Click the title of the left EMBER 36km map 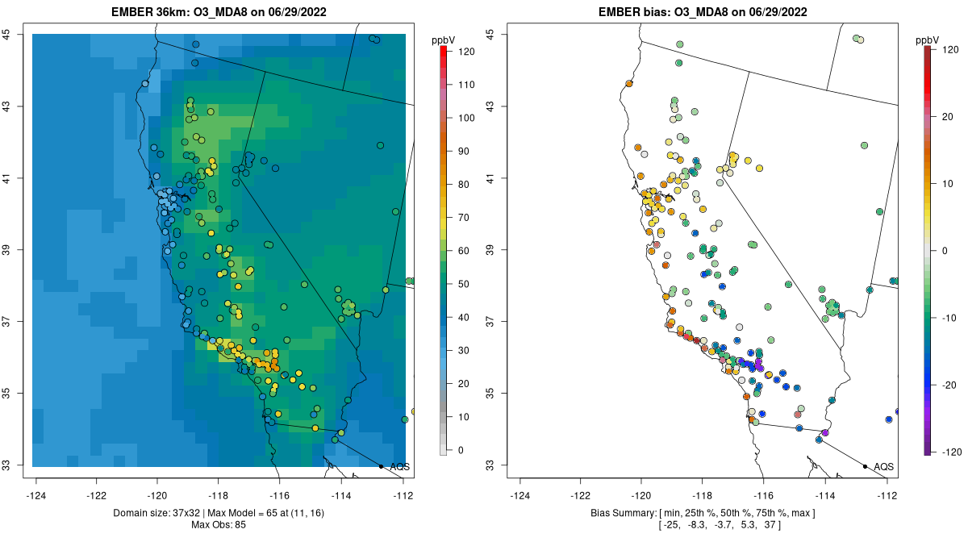point(219,12)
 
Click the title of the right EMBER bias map point(703,12)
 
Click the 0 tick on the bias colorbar point(945,250)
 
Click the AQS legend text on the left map point(399,467)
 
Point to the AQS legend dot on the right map point(865,466)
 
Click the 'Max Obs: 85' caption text point(218,524)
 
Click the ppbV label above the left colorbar point(444,40)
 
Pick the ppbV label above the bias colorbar point(927,40)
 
